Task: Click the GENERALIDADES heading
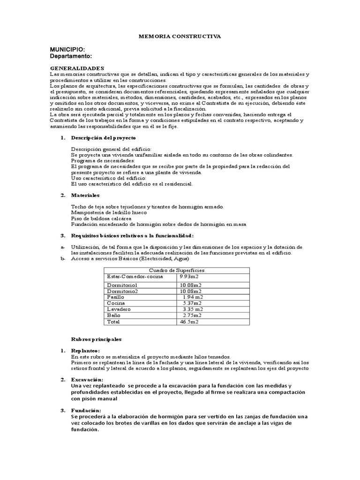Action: (x=77, y=68)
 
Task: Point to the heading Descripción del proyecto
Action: (x=103, y=138)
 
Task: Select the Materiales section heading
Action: (x=85, y=195)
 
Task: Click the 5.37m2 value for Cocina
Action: (x=192, y=303)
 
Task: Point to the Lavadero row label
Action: (x=119, y=309)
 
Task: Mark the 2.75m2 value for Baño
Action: (x=192, y=315)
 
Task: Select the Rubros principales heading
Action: (x=96, y=338)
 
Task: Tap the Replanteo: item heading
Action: (x=85, y=351)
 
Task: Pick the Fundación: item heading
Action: (x=86, y=410)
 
